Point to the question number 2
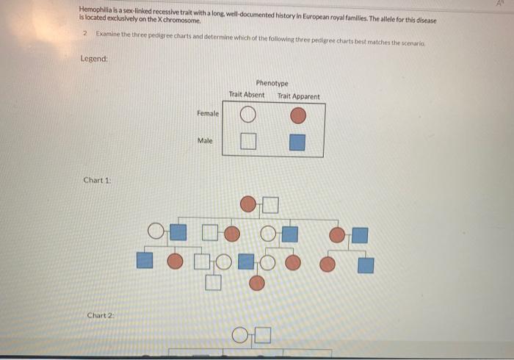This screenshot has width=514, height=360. (x=85, y=35)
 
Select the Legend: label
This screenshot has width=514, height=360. (x=94, y=59)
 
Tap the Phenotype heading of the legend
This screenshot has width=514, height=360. (x=272, y=84)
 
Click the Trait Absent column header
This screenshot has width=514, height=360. (x=247, y=95)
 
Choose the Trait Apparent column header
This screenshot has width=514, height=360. (x=298, y=96)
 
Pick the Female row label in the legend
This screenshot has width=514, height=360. (x=208, y=114)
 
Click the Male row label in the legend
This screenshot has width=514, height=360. (x=205, y=140)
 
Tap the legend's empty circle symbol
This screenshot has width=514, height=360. (x=248, y=115)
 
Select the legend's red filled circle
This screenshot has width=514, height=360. (x=297, y=115)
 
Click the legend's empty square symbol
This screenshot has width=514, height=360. (x=248, y=142)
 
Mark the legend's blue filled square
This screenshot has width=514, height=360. (x=297, y=142)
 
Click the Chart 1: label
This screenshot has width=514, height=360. (x=97, y=180)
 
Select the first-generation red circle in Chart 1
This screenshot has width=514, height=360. (x=250, y=204)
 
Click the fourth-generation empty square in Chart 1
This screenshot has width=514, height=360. (x=213, y=280)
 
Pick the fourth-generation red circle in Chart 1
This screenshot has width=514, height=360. (x=257, y=281)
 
